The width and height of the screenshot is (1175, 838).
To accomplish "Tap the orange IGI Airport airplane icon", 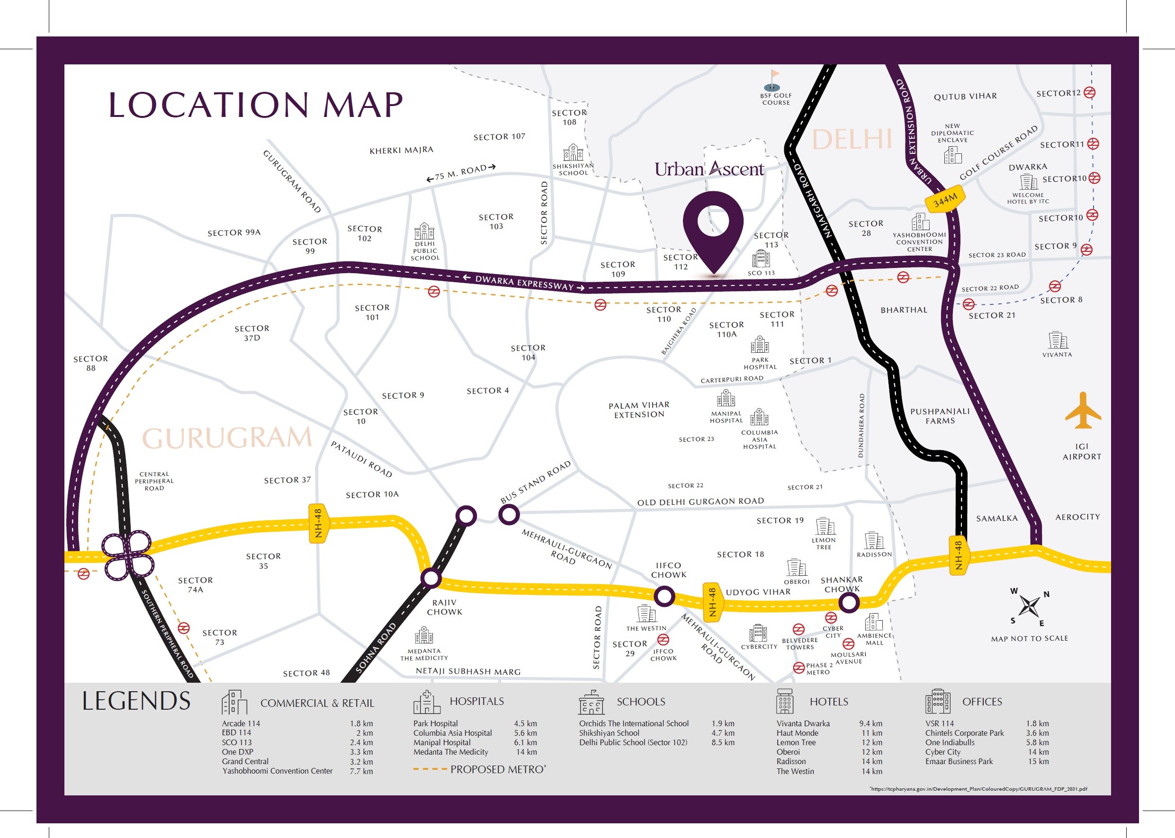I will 1083,411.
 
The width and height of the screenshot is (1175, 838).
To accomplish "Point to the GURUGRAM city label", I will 227,438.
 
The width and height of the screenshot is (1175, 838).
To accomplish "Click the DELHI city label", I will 852,139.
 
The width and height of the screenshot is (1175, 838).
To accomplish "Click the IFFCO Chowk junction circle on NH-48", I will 664,597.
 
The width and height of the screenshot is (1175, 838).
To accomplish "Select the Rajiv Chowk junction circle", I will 431,578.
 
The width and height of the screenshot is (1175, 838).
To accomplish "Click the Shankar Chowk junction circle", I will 848,602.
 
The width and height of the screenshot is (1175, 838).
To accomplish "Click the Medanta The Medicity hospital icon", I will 424,635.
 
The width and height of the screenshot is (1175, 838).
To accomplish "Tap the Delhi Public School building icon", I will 424,231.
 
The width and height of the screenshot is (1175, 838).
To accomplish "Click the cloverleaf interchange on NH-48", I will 127,555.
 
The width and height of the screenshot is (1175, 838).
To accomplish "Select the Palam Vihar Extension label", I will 639,410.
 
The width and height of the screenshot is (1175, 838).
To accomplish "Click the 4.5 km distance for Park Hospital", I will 525,723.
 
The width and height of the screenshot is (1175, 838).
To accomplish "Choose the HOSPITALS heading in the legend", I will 476,701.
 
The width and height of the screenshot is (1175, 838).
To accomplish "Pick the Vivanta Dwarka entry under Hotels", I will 803,723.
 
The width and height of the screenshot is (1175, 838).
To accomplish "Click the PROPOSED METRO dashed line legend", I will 430,769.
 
